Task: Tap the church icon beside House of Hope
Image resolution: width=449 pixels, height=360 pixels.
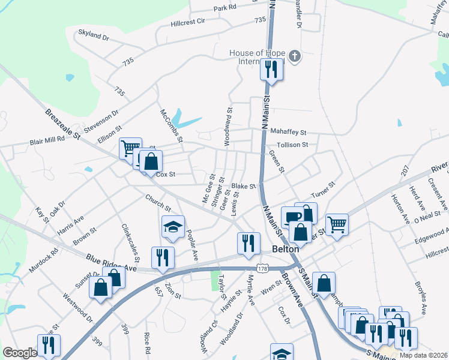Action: pos(294,56)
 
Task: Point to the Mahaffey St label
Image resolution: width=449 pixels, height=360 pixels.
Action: pos(288,132)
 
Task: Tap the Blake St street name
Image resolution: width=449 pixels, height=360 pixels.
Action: pos(244,187)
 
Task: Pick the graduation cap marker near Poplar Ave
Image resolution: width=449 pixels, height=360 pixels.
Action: pos(172,227)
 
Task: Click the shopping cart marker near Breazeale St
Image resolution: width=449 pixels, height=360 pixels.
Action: pos(130,148)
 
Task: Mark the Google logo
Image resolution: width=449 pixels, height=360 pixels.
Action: pos(20,353)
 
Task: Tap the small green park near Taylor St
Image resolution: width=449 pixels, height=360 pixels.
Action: pos(215,280)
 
